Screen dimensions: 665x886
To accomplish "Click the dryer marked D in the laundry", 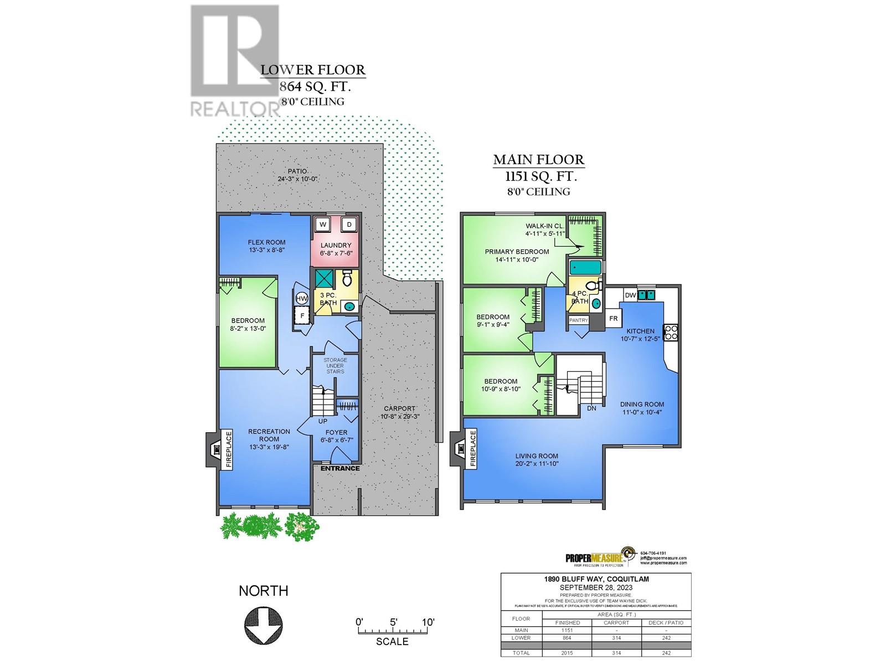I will coord(349,224).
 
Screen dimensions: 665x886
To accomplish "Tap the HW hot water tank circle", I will coord(302,299).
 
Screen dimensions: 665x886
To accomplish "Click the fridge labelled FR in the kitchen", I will coord(613,318).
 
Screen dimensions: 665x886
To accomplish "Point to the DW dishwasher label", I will coord(630,295).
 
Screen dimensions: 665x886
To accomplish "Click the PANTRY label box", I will coord(578,320).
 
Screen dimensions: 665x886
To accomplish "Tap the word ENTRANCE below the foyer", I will coord(340,468).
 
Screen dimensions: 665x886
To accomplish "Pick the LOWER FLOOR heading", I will coord(313,70).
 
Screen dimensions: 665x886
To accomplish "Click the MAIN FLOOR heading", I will coord(538,160).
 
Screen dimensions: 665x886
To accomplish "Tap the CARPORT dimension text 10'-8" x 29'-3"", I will coord(399,416).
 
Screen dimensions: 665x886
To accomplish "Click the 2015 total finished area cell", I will coord(567,653).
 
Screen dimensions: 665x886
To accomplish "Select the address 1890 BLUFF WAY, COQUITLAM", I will coord(596,579).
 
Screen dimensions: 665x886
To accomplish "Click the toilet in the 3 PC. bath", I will coord(347,275).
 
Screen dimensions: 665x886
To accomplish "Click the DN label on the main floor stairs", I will coord(591,408).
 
